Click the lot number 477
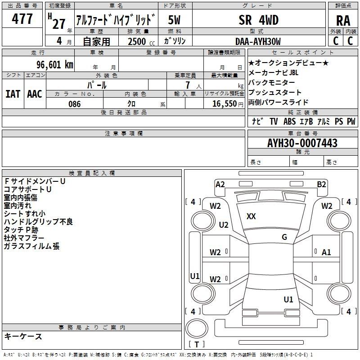tap(22, 18)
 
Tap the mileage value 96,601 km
tap(55, 64)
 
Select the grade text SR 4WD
tap(258, 20)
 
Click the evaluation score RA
tap(343, 21)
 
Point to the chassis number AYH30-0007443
tap(302, 143)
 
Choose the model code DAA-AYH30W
tap(258, 41)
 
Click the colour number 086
tap(75, 104)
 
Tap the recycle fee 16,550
tap(224, 103)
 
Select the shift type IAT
tap(13, 94)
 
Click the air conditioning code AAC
tap(35, 94)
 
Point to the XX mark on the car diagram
tap(251, 216)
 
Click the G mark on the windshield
tap(284, 237)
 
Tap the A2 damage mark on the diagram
tap(220, 184)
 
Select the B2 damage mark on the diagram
tap(321, 184)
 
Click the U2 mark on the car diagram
tap(224, 225)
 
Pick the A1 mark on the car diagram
tap(326, 252)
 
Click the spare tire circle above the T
tap(197, 328)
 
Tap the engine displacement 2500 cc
tap(141, 41)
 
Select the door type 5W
tap(174, 20)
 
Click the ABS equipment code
tap(289, 121)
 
